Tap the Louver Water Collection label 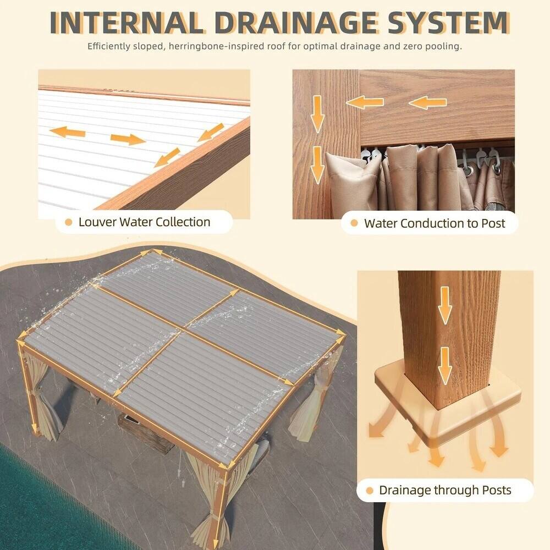(144, 222)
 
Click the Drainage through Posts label (445, 490)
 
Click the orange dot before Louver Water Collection (69, 222)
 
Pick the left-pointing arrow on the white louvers (67, 131)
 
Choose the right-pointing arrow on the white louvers (128, 139)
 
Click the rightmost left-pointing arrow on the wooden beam (428, 102)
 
